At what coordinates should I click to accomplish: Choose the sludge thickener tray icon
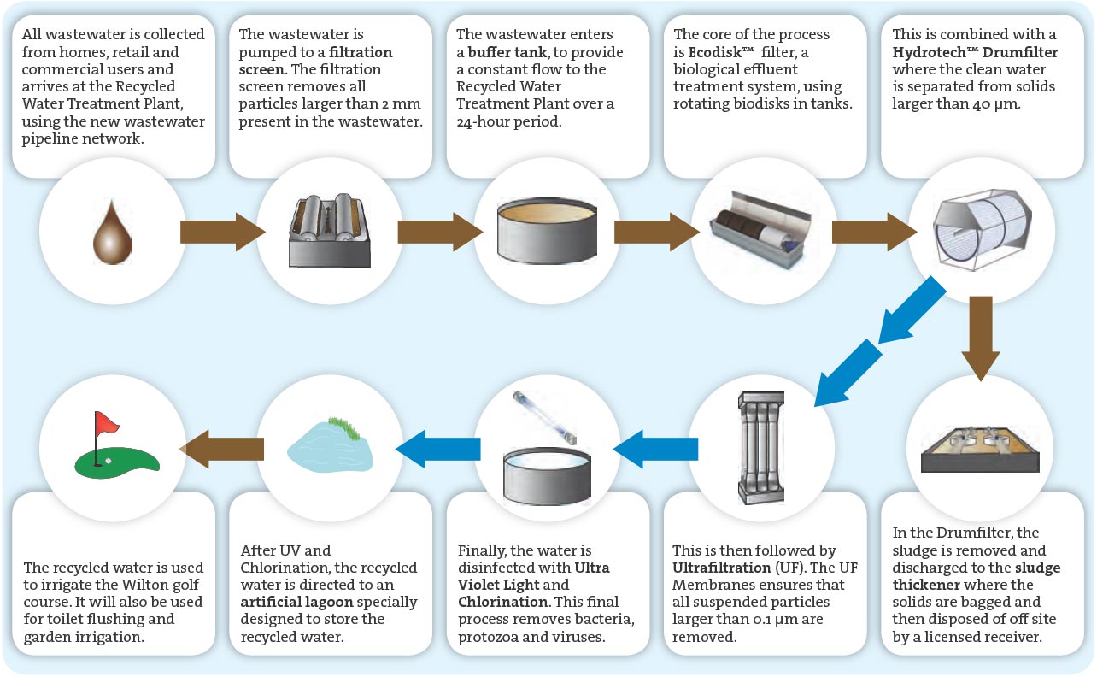coord(980,448)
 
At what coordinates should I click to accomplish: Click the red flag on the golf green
coord(106,422)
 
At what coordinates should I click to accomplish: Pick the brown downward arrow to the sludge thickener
coord(980,337)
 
